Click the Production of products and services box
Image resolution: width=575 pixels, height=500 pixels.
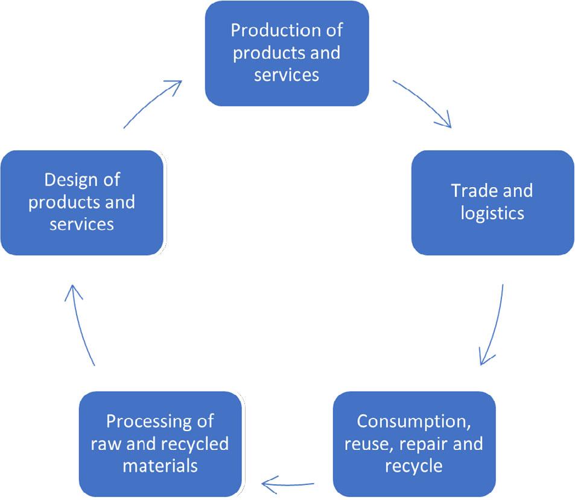(287, 53)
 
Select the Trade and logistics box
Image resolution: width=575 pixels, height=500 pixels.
(492, 202)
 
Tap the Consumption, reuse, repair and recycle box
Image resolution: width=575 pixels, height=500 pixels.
(414, 443)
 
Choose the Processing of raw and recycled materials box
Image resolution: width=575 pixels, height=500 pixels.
(160, 443)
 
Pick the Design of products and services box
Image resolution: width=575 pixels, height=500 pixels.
(81, 202)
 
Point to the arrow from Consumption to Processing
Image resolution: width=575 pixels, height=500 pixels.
(288, 482)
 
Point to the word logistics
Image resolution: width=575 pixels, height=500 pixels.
(492, 214)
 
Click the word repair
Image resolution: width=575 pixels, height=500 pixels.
(427, 444)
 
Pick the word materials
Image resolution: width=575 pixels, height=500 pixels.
(160, 466)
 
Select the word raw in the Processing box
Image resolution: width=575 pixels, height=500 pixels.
(104, 444)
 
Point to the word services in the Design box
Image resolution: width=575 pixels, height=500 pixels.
(81, 225)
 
